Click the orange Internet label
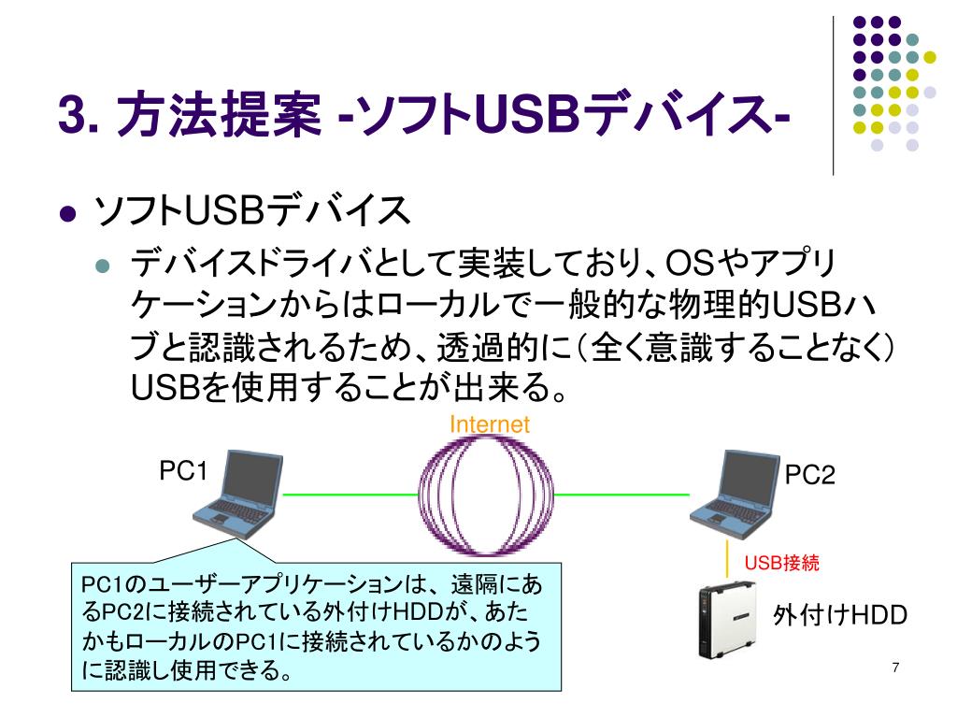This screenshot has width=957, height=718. (490, 424)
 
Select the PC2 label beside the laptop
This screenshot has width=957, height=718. (809, 476)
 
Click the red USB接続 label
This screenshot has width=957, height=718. (781, 563)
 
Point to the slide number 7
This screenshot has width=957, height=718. (895, 667)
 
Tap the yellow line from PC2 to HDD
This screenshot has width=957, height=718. (728, 560)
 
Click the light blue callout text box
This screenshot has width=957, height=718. (318, 626)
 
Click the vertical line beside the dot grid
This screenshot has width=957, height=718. (833, 93)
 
